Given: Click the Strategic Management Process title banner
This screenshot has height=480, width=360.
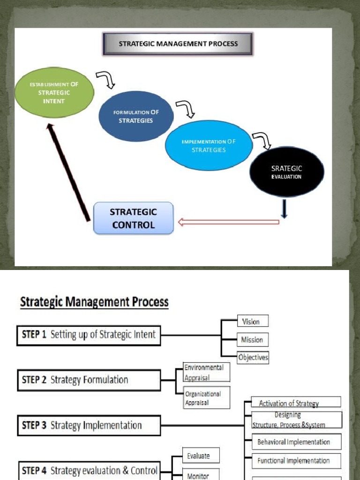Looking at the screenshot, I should coord(178,44).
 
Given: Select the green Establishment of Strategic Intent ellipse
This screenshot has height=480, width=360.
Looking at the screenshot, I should coord(54,92).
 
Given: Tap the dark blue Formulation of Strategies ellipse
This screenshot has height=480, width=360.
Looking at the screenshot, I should coord(135,116).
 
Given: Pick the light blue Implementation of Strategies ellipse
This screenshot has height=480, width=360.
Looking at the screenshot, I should coord(209,145).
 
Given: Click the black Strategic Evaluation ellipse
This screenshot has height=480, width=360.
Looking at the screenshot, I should coord(286,172).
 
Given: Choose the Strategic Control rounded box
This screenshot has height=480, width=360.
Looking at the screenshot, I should coord(134,218).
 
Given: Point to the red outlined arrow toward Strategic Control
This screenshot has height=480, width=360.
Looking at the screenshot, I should coord(228,221).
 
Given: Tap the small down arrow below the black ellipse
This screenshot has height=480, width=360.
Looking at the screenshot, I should coord(284,209).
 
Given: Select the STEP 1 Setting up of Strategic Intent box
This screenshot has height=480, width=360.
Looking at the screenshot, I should coord(89,335).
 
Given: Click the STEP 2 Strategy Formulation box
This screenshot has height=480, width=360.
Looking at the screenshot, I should coord(89,380).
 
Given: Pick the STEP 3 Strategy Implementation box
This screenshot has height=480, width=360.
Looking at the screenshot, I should coord(89,426).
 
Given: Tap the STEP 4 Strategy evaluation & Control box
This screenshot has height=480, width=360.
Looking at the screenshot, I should coord(89,470).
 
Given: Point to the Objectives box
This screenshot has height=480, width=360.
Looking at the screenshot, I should coord(253,357).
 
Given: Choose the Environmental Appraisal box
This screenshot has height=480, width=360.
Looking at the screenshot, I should coord(206,372).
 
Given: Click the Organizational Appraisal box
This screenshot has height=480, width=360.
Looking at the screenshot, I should coord(206,398).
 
